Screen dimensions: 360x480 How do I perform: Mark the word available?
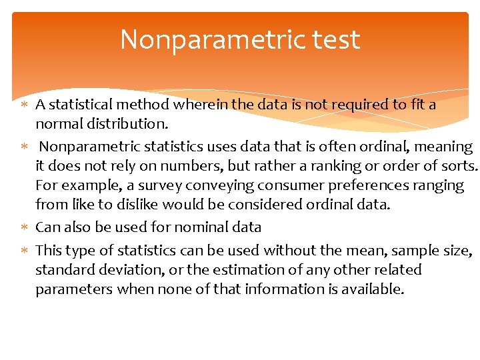pyautogui.click(x=374, y=289)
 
